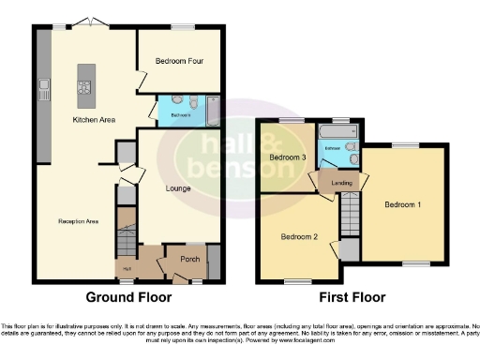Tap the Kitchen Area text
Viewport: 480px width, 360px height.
coord(95,120)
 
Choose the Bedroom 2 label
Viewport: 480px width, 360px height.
coord(300,237)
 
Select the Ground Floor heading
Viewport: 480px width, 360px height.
coord(128,298)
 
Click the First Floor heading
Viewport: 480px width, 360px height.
coord(352,298)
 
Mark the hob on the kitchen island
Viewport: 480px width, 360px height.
coord(83,89)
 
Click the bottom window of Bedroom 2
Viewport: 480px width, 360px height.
coord(299,281)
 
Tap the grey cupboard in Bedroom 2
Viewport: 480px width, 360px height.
coord(349,249)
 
